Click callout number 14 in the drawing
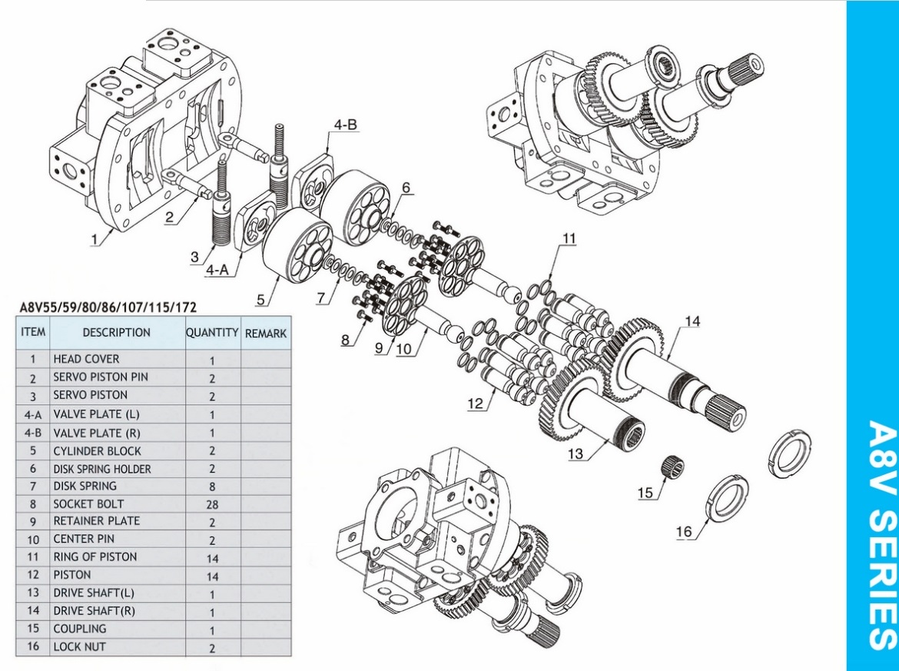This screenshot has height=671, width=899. [692, 321]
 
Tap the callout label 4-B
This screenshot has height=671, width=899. [345, 125]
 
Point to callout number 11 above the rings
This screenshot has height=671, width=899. [569, 238]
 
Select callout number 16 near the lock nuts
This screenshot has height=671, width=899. [684, 532]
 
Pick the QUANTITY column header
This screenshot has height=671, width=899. [212, 333]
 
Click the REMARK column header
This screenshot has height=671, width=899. [265, 334]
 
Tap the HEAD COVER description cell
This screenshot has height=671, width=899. [87, 359]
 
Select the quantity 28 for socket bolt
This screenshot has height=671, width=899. [212, 505]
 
